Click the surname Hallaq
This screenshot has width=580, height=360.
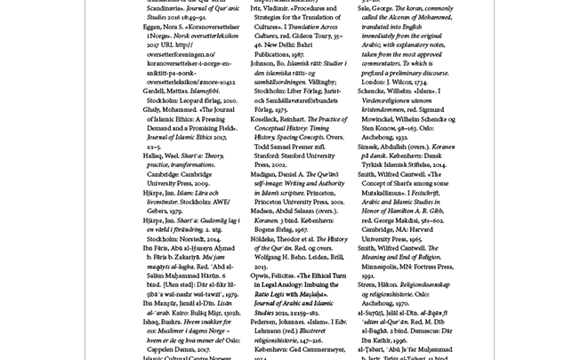point(156,155)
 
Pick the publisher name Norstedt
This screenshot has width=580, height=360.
point(192,238)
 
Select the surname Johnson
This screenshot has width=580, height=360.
point(263,64)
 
